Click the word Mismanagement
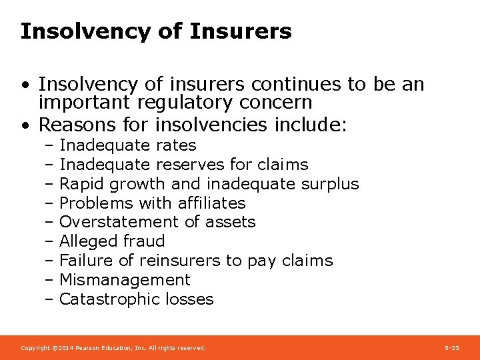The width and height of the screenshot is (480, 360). click(125, 280)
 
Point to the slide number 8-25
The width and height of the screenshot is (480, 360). click(451, 348)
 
